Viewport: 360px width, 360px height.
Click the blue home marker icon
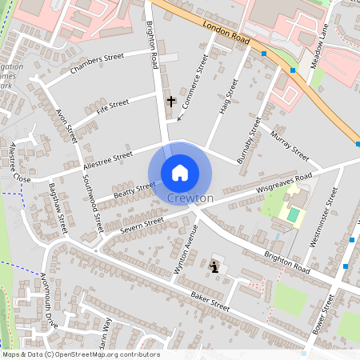pos(179,172)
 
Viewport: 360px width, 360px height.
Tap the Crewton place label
pos(190,198)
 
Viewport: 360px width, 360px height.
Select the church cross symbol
pos(170,102)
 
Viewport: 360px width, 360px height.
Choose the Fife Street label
pos(112,105)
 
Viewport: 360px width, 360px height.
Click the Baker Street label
pos(210,302)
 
